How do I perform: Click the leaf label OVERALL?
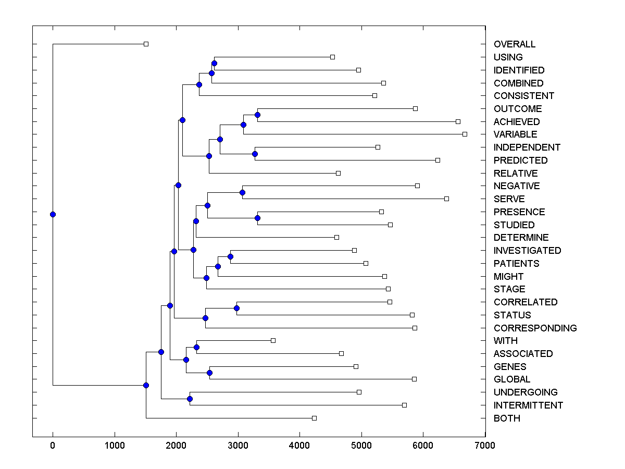click(514, 44)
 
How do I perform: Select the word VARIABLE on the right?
click(515, 134)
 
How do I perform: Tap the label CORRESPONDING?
click(535, 328)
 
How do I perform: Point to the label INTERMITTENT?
click(528, 405)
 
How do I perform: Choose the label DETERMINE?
click(521, 238)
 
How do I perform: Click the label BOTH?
click(507, 418)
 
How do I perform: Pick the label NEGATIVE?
click(517, 186)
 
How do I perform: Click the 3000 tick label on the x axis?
click(238, 446)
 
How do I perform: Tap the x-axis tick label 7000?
click(485, 446)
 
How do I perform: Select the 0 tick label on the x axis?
click(53, 446)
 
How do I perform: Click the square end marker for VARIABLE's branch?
click(465, 134)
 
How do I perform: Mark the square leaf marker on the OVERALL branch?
click(146, 44)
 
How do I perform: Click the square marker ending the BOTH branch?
click(314, 418)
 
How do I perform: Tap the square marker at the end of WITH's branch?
click(273, 340)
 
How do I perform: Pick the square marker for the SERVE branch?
click(446, 199)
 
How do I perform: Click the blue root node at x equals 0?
click(53, 214)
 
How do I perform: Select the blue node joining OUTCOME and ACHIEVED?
click(257, 115)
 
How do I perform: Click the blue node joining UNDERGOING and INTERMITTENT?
click(190, 399)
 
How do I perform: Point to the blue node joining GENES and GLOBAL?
click(209, 373)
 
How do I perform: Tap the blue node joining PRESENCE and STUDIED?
click(257, 218)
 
